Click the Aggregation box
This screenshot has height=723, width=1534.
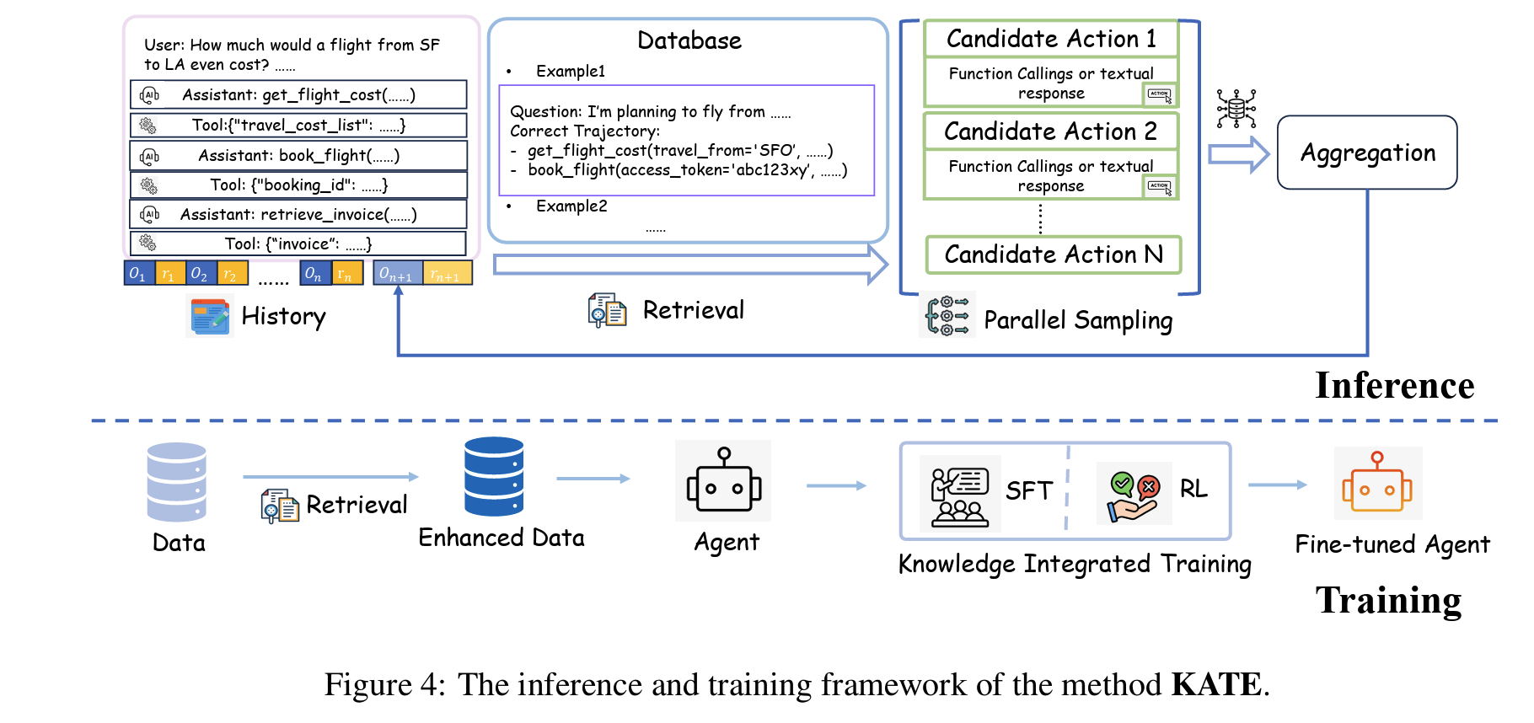click(1366, 153)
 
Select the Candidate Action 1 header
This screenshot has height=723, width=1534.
click(1051, 39)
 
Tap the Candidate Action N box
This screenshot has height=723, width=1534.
click(1054, 254)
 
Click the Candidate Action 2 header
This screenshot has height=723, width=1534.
click(1051, 131)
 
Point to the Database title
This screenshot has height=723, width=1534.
click(689, 40)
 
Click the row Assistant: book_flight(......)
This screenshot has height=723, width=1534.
click(298, 156)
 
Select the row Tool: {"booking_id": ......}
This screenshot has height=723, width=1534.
click(298, 185)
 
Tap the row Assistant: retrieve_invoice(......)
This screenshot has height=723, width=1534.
click(298, 214)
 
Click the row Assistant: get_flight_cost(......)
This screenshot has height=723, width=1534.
click(298, 95)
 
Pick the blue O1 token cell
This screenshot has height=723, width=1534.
click(138, 274)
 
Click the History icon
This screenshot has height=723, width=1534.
click(209, 317)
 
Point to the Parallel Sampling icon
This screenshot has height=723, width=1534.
click(947, 315)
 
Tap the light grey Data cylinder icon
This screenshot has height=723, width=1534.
click(177, 482)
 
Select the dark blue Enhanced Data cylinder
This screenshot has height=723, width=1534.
click(494, 476)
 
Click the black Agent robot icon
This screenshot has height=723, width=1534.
click(724, 480)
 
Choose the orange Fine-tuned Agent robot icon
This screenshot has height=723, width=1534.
click(1377, 483)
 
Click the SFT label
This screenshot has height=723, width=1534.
click(1029, 490)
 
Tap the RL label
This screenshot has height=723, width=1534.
click(1193, 489)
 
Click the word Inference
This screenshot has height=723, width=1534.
click(1395, 386)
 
